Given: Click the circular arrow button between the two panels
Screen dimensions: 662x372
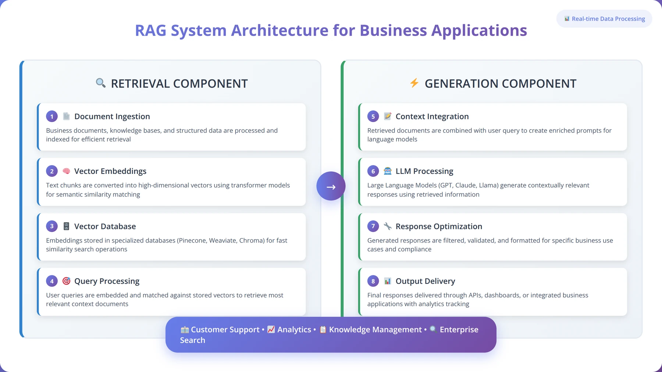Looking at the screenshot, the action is click(331, 186).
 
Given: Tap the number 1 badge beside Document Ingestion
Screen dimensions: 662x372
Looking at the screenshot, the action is click(52, 117).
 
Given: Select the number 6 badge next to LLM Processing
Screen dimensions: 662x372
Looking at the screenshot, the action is click(373, 171).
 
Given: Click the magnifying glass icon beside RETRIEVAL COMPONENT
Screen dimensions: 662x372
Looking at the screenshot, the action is click(100, 83).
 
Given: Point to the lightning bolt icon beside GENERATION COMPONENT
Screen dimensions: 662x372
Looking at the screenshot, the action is click(414, 83).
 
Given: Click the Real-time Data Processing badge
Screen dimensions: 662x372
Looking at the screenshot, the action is click(604, 19).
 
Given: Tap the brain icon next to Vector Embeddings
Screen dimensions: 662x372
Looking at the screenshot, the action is click(66, 171).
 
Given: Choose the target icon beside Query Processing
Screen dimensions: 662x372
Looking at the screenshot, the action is click(66, 281).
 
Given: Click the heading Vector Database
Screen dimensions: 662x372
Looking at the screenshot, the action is click(105, 226).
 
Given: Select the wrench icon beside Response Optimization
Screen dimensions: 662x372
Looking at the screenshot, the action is click(388, 226).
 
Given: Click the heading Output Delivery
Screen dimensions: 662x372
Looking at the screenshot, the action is click(426, 281).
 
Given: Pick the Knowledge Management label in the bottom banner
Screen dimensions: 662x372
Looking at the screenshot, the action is click(375, 330).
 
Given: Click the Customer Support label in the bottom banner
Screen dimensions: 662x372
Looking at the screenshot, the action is click(225, 330).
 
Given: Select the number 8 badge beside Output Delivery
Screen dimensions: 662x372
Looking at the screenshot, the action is click(373, 281).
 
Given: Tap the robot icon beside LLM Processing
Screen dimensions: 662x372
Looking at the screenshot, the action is click(388, 171).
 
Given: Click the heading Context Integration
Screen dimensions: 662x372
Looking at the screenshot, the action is click(432, 117).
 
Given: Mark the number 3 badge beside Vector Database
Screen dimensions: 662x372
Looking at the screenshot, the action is click(52, 226).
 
